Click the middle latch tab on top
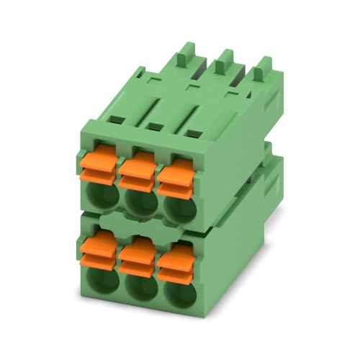coord(224,60)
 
